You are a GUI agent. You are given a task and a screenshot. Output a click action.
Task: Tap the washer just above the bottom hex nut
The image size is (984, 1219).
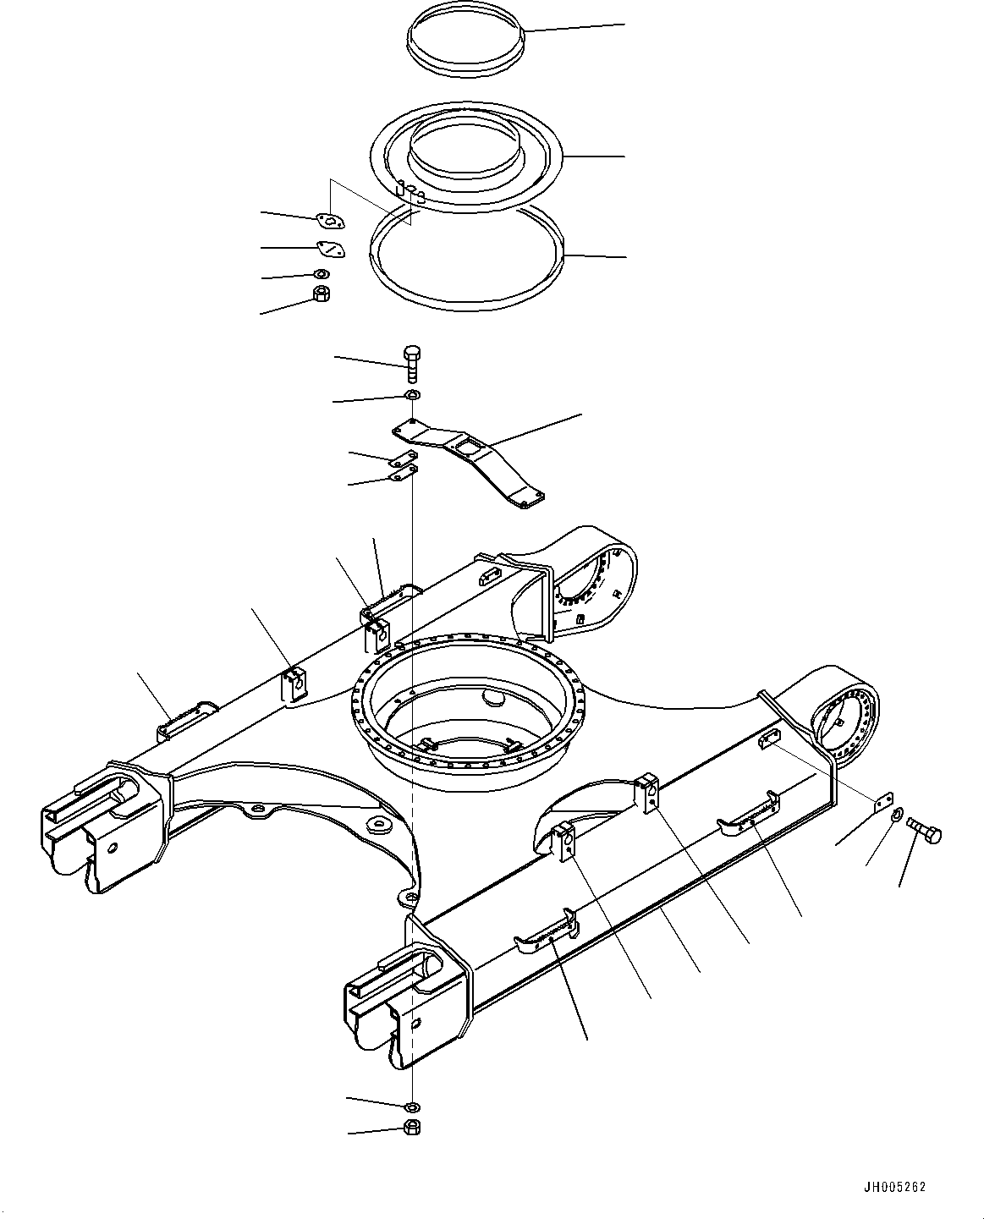412,1106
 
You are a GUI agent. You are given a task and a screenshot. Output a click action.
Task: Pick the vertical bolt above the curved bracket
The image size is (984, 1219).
412,365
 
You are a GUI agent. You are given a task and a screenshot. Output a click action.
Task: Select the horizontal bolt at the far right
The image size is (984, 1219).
922,828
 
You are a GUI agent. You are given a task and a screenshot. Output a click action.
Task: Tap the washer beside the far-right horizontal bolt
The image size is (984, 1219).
896,814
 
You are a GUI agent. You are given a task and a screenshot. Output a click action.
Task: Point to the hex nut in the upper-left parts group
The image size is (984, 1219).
321,294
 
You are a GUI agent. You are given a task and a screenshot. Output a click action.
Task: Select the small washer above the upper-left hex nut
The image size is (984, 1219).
321,273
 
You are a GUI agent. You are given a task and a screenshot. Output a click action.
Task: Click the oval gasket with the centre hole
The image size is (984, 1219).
331,221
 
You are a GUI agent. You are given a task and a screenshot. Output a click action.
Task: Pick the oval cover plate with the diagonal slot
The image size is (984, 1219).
328,249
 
